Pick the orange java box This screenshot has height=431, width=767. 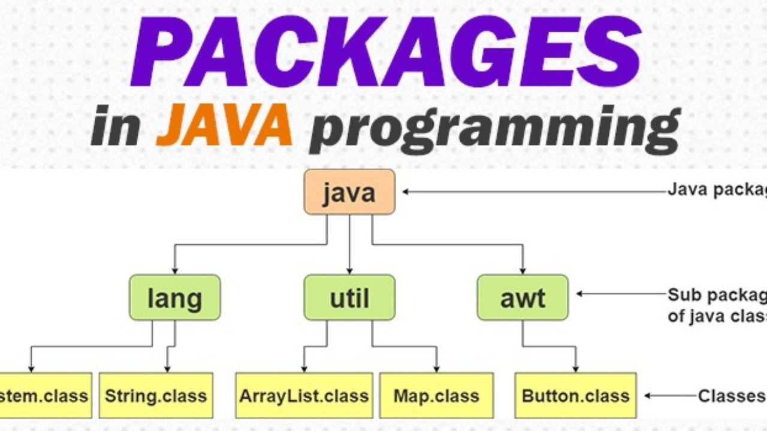[349, 192]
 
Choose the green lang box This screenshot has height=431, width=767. [174, 297]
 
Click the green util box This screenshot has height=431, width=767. [349, 297]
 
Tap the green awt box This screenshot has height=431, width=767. [523, 297]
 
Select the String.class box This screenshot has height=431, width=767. [156, 395]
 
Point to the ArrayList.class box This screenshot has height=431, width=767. [304, 395]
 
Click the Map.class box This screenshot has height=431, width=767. [436, 395]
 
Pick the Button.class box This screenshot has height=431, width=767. [576, 395]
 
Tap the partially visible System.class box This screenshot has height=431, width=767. [46, 395]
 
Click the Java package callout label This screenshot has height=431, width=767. [717, 191]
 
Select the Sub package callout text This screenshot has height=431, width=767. [717, 305]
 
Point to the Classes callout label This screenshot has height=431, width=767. [732, 396]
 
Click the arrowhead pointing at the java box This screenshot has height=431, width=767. [406, 192]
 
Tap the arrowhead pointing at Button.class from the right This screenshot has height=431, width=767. [648, 396]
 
